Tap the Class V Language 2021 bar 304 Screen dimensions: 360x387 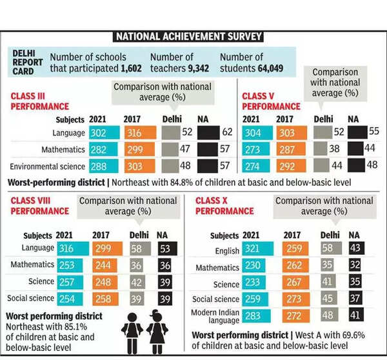(255, 133)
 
